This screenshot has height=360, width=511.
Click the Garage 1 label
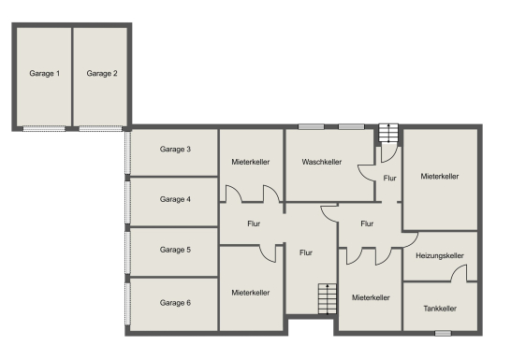(x=45, y=73)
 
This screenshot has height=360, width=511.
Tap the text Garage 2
(x=102, y=73)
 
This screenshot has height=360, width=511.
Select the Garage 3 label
(x=175, y=149)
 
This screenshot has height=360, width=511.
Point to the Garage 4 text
(x=175, y=199)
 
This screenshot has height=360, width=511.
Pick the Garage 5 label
(x=175, y=250)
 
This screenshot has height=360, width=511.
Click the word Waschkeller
(x=322, y=162)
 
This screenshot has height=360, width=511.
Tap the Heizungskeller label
(x=440, y=256)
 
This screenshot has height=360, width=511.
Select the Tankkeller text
(x=440, y=309)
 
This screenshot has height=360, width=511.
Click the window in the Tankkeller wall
(x=443, y=333)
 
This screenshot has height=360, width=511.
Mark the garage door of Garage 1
(x=44, y=129)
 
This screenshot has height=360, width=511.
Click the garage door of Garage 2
(x=101, y=129)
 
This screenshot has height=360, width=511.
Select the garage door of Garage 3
(x=127, y=152)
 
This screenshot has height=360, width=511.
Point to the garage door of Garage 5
(x=127, y=252)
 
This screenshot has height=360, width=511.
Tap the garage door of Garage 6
(x=127, y=303)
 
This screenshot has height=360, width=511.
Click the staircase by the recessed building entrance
(x=328, y=299)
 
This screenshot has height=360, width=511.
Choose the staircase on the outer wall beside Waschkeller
(x=388, y=133)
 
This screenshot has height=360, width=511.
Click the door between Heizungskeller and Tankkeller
(x=460, y=273)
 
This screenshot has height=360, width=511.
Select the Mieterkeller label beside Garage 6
(x=251, y=293)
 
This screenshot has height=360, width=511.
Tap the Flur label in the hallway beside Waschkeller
(x=389, y=178)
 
